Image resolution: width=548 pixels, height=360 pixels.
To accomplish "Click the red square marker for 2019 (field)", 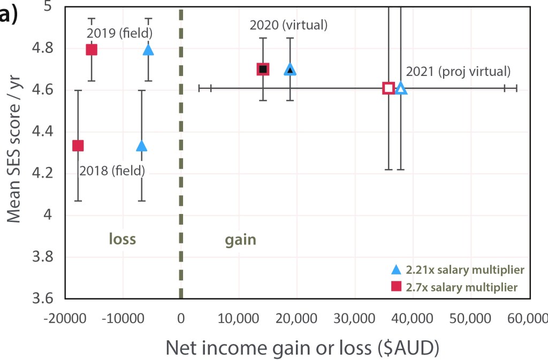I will point(92,50).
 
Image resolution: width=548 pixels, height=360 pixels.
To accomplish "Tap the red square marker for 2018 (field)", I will point(78,145).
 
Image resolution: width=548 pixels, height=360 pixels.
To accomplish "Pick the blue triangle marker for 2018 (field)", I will point(141,145).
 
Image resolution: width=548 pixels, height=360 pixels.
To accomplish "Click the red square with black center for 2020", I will point(263,69).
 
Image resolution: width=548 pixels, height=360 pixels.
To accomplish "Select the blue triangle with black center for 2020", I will point(290,70).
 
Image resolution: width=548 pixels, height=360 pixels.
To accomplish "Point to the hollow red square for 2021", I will point(389,88).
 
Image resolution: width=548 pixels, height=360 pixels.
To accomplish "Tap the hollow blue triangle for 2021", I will point(401,89).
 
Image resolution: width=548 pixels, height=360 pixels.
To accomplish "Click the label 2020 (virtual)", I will point(288,25).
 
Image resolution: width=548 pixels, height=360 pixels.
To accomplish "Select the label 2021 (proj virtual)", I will point(458,71).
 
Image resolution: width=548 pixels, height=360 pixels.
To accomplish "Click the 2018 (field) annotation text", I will point(112,171).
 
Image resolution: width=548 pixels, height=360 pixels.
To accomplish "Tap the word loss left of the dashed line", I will point(122,239).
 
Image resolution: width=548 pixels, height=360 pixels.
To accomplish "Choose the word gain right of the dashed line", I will point(239,240).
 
